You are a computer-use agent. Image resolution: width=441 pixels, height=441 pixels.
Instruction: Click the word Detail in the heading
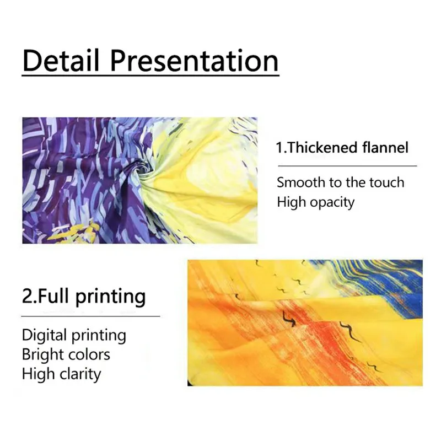pyautogui.click(x=61, y=60)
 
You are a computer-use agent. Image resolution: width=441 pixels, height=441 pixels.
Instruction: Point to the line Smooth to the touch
pyautogui.click(x=341, y=182)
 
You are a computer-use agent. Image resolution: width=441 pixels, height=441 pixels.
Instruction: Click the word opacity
pyautogui.click(x=332, y=203)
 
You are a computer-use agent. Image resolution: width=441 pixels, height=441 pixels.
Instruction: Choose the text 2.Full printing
pyautogui.click(x=84, y=297)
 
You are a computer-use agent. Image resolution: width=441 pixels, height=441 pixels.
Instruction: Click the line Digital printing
pyautogui.click(x=74, y=336)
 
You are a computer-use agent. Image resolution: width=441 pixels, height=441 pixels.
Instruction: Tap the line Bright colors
pyautogui.click(x=66, y=354)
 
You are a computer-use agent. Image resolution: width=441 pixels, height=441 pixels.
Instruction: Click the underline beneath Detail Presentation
pyautogui.click(x=150, y=75)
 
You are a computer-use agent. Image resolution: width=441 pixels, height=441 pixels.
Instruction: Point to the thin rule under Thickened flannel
pyautogui.click(x=347, y=166)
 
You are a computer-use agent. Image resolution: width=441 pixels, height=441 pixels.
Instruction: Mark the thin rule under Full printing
pyautogui.click(x=90, y=316)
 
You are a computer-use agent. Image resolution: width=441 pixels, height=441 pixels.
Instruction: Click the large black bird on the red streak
pyautogui.click(x=288, y=319)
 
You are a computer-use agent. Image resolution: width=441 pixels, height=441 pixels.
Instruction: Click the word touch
pyautogui.click(x=387, y=182)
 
